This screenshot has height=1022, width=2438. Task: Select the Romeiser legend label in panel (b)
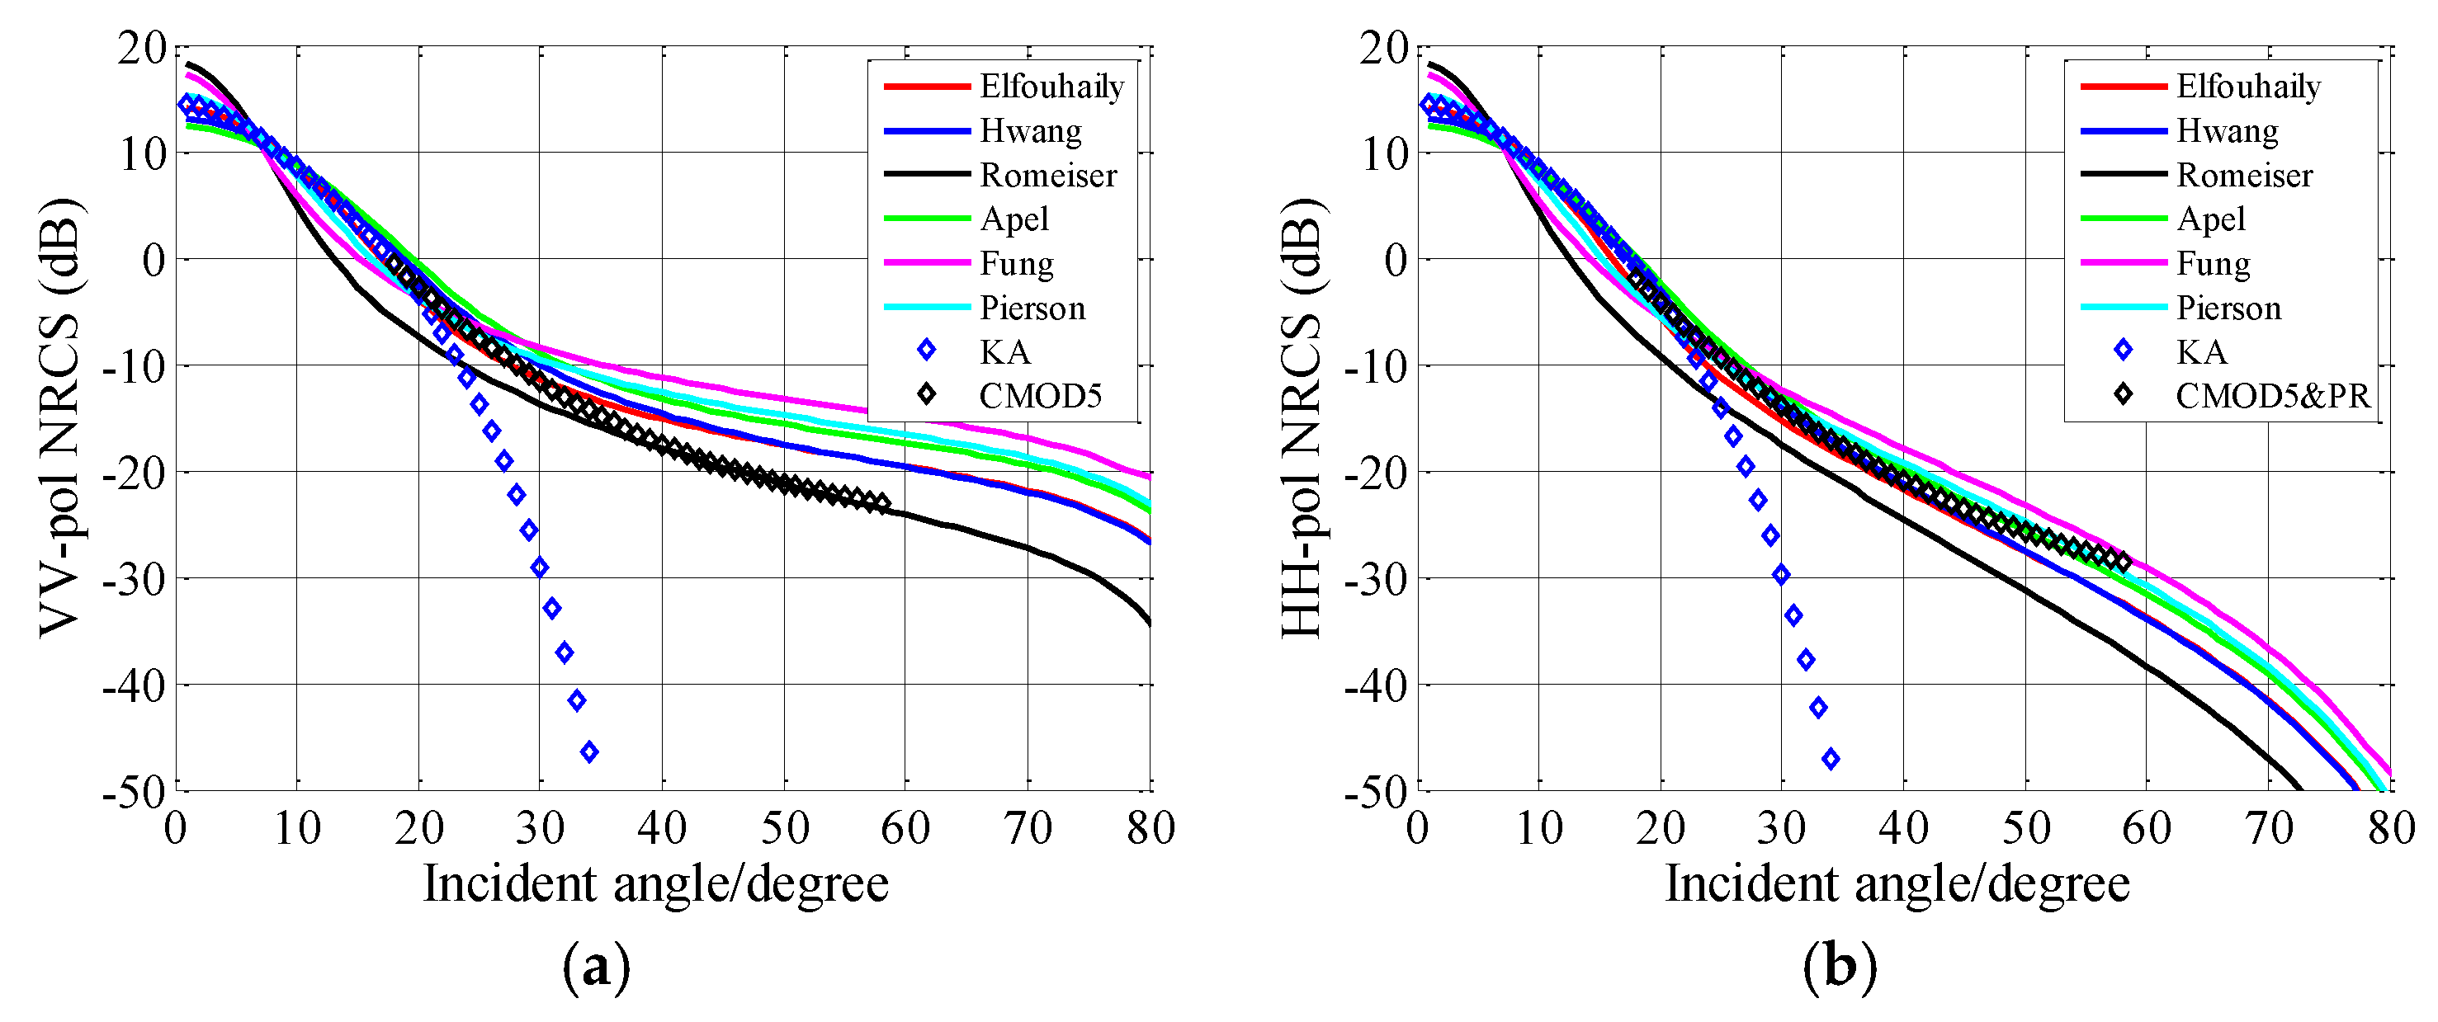point(2244,175)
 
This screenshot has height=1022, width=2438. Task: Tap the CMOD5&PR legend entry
point(2272,396)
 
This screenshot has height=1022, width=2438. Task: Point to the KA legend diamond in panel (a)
point(927,351)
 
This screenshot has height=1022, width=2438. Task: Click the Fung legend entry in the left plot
point(1017,263)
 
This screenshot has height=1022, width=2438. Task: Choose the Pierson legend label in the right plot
point(2229,308)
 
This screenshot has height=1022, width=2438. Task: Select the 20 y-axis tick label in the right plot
point(1382,47)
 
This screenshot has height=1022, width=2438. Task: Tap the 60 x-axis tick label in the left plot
point(905,829)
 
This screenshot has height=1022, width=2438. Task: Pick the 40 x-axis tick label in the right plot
point(1903,829)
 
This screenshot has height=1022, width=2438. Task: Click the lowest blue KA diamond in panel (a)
point(589,752)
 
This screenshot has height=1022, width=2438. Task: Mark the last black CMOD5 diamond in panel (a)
point(882,502)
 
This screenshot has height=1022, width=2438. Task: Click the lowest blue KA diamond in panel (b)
point(1831,758)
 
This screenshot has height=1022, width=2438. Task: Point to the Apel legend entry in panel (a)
point(1013,219)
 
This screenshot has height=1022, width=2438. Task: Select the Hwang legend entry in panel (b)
point(2227,130)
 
